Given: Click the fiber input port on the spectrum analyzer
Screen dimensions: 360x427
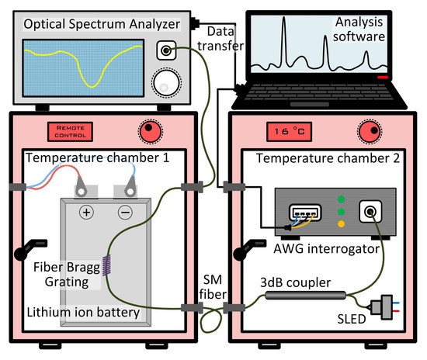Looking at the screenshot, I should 166,51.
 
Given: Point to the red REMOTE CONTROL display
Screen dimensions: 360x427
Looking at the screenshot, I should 71,130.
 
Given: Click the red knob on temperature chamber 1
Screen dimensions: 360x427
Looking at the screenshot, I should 149,128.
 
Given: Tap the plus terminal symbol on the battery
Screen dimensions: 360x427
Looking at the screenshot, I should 86,212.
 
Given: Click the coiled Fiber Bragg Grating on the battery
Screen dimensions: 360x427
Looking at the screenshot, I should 109,271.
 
